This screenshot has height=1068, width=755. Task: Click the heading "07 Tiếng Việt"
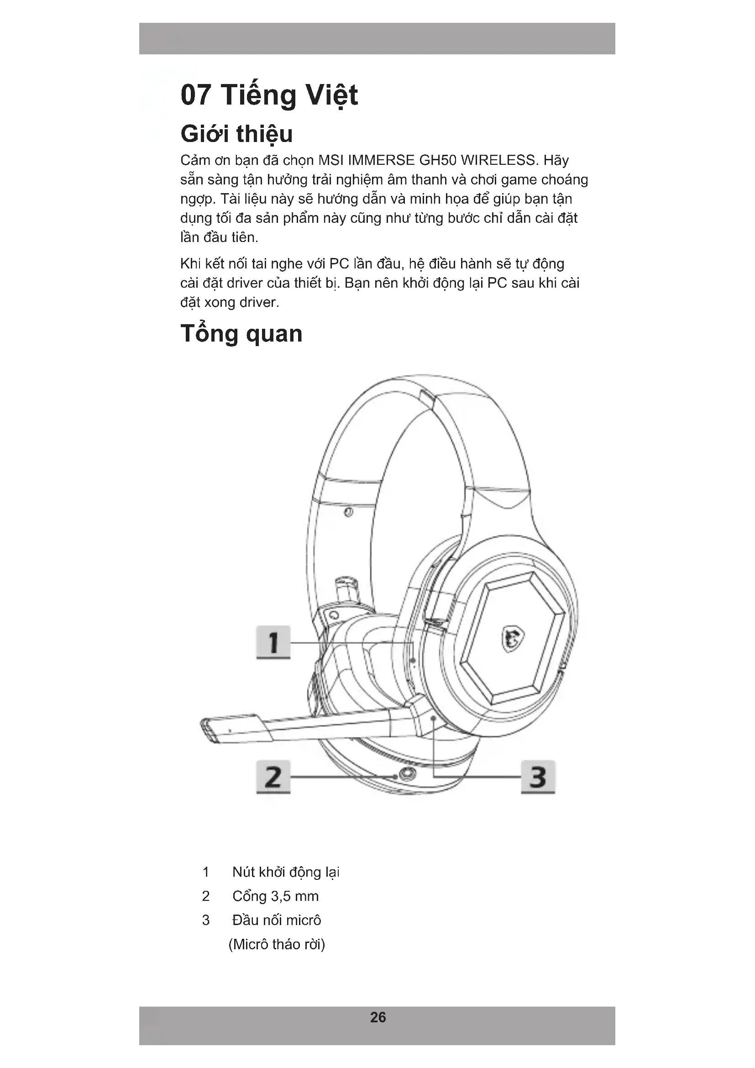269,95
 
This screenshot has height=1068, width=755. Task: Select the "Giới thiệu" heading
236,134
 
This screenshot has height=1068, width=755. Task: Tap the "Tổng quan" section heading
241,333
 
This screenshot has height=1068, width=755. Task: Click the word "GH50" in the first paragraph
437,160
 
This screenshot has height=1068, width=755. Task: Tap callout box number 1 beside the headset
273,642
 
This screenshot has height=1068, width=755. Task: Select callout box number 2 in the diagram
273,776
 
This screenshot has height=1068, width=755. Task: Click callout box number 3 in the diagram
537,776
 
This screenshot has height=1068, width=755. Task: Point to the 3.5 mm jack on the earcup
408,774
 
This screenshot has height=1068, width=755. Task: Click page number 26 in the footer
377,1017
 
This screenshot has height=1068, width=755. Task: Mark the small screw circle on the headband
349,512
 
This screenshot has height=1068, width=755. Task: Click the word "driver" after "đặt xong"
259,302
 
